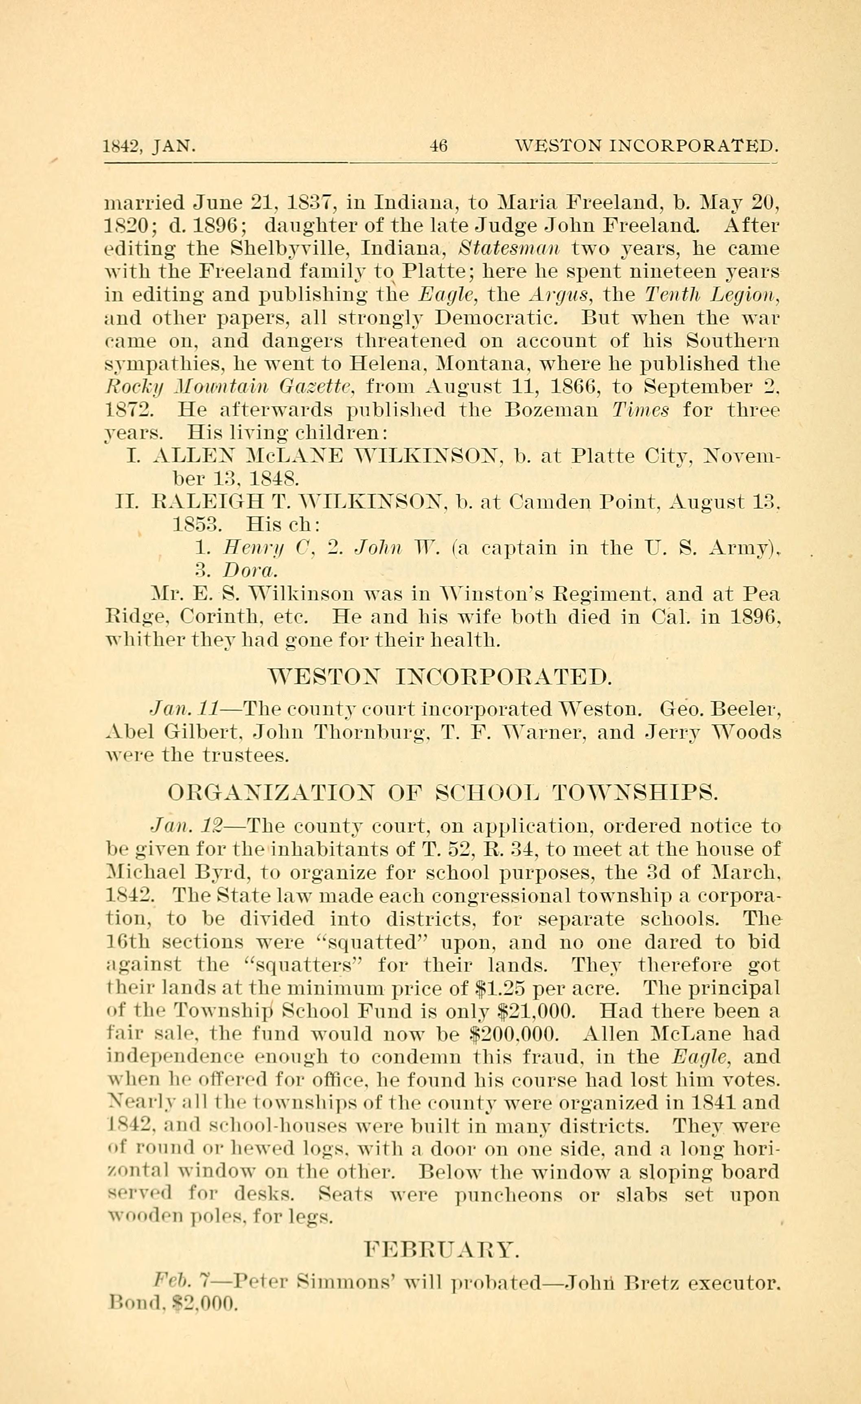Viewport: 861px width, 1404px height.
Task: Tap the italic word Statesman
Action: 508,249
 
